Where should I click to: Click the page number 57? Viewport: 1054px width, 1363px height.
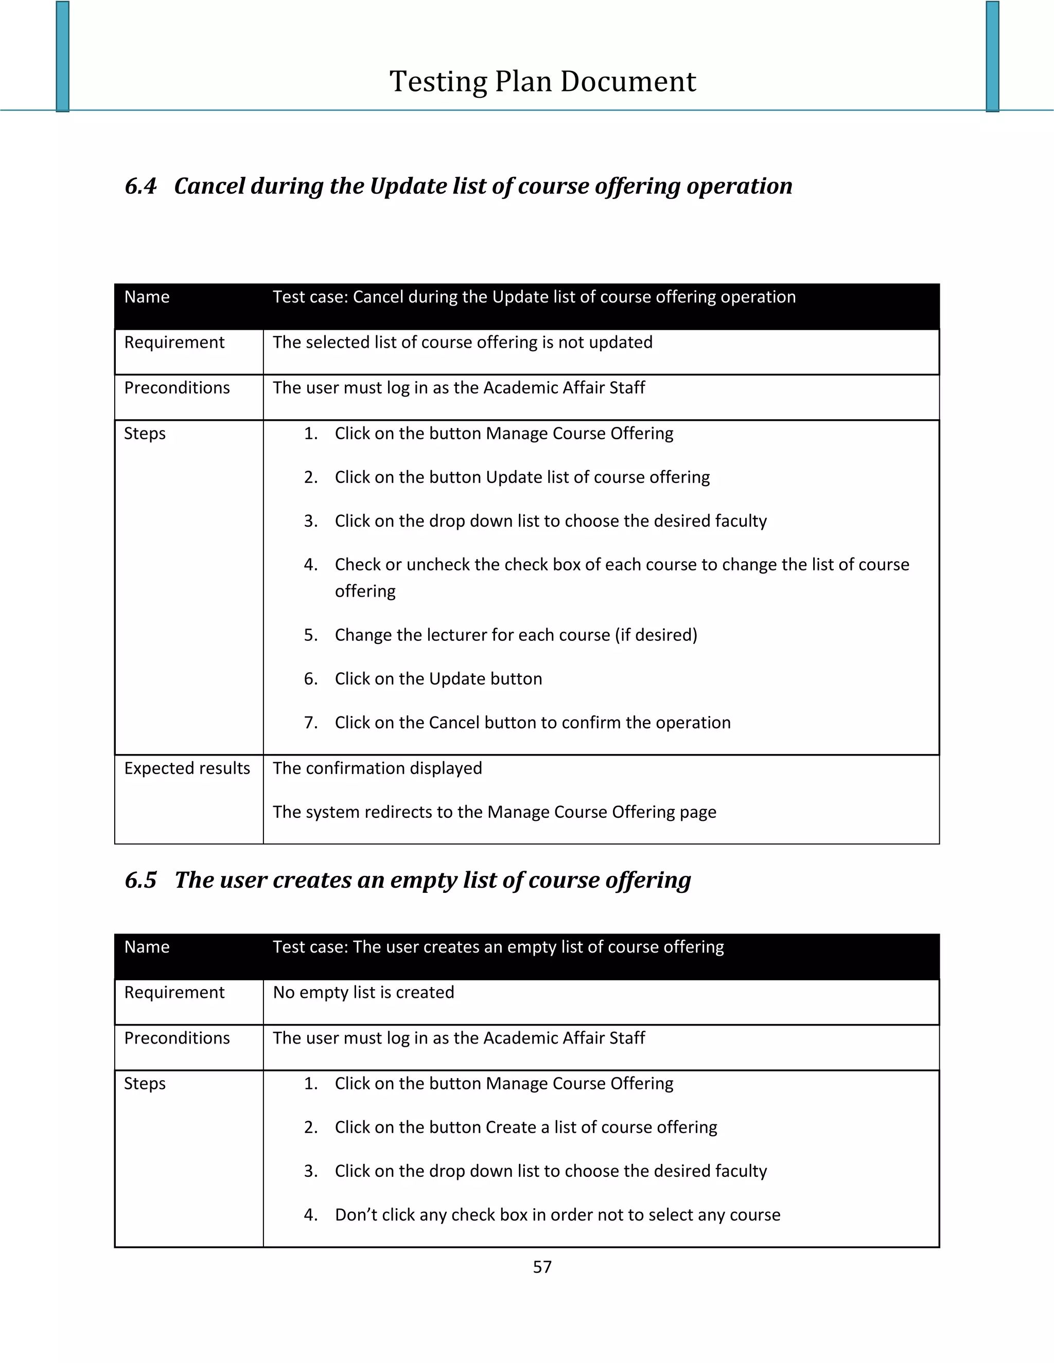point(542,1267)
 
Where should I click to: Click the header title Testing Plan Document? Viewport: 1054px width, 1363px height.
point(542,82)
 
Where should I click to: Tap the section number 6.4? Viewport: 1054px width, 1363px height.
point(140,186)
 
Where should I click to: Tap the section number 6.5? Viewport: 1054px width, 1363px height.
point(140,880)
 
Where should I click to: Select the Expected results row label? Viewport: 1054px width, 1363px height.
point(187,768)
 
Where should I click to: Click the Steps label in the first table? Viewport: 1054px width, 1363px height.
point(145,434)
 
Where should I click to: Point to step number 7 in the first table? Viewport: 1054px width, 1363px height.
point(311,723)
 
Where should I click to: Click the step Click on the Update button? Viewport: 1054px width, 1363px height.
point(438,679)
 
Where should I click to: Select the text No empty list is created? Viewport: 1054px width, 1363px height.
point(363,993)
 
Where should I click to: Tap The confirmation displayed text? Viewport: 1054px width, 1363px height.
point(377,768)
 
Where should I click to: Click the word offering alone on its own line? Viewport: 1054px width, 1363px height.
point(365,591)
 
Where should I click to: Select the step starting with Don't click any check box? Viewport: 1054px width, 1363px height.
point(557,1215)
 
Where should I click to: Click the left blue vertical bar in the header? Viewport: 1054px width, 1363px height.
point(62,56)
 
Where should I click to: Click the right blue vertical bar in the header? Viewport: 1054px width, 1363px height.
point(992,56)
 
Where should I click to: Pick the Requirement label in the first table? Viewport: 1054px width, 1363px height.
point(174,343)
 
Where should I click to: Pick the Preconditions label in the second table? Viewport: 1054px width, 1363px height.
point(177,1038)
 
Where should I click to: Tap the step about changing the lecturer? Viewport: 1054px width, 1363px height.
point(516,635)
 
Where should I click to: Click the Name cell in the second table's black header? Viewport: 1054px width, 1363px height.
point(147,947)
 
